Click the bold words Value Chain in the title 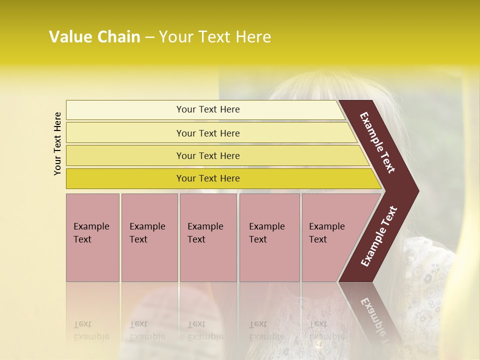pyautogui.click(x=94, y=37)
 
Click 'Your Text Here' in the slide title pyautogui.click(x=215, y=37)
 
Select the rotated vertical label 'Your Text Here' pyautogui.click(x=58, y=144)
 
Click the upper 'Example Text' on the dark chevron pyautogui.click(x=378, y=142)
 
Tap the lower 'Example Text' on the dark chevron pyautogui.click(x=379, y=236)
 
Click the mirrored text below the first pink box pyautogui.click(x=91, y=330)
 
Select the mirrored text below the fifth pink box pyautogui.click(x=326, y=330)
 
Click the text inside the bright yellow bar pyautogui.click(x=208, y=178)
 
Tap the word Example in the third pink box pyautogui.click(x=205, y=226)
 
